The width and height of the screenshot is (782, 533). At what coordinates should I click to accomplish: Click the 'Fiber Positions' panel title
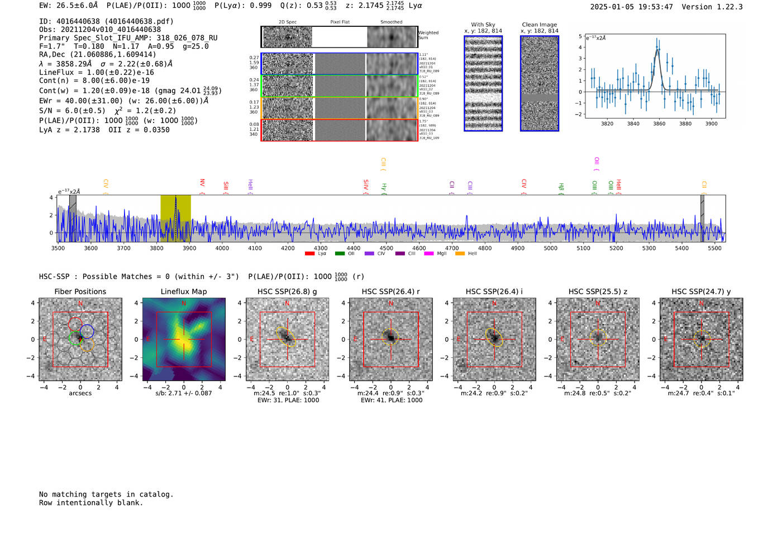pyautogui.click(x=80, y=291)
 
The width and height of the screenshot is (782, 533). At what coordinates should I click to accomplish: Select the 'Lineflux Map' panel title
pyautogui.click(x=184, y=291)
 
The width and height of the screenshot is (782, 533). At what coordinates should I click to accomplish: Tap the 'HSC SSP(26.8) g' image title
pyautogui.click(x=287, y=291)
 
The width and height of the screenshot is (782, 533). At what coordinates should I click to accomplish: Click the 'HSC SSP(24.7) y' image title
pyautogui.click(x=701, y=291)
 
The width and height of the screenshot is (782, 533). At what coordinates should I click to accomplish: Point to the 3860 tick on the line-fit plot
pyautogui.click(x=659, y=124)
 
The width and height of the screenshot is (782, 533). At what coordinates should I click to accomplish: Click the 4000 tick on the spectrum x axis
pyautogui.click(x=222, y=248)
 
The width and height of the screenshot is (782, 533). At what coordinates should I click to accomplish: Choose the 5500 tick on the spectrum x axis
pyautogui.click(x=714, y=248)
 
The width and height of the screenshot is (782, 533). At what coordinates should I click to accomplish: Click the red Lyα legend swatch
pyautogui.click(x=309, y=254)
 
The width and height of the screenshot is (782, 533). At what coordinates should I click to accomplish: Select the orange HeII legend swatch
pyautogui.click(x=460, y=254)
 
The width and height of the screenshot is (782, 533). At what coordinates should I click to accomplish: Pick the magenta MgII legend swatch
pyautogui.click(x=429, y=254)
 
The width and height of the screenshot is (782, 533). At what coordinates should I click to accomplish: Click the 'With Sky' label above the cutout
pyautogui.click(x=483, y=25)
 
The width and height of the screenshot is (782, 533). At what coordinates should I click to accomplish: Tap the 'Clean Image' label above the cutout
pyautogui.click(x=539, y=25)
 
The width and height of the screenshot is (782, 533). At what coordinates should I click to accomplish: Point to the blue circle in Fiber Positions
pyautogui.click(x=87, y=331)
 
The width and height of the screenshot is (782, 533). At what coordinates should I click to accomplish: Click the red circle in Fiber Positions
pyautogui.click(x=75, y=323)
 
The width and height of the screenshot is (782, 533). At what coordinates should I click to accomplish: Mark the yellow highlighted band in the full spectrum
pyautogui.click(x=175, y=218)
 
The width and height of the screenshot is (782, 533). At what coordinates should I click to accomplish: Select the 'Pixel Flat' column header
pyautogui.click(x=340, y=22)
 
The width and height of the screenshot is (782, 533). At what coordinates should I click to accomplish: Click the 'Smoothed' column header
pyautogui.click(x=391, y=22)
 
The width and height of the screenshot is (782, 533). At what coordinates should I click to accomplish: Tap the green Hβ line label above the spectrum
pyautogui.click(x=561, y=187)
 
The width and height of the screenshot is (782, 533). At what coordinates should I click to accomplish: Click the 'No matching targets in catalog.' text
pyautogui.click(x=106, y=494)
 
